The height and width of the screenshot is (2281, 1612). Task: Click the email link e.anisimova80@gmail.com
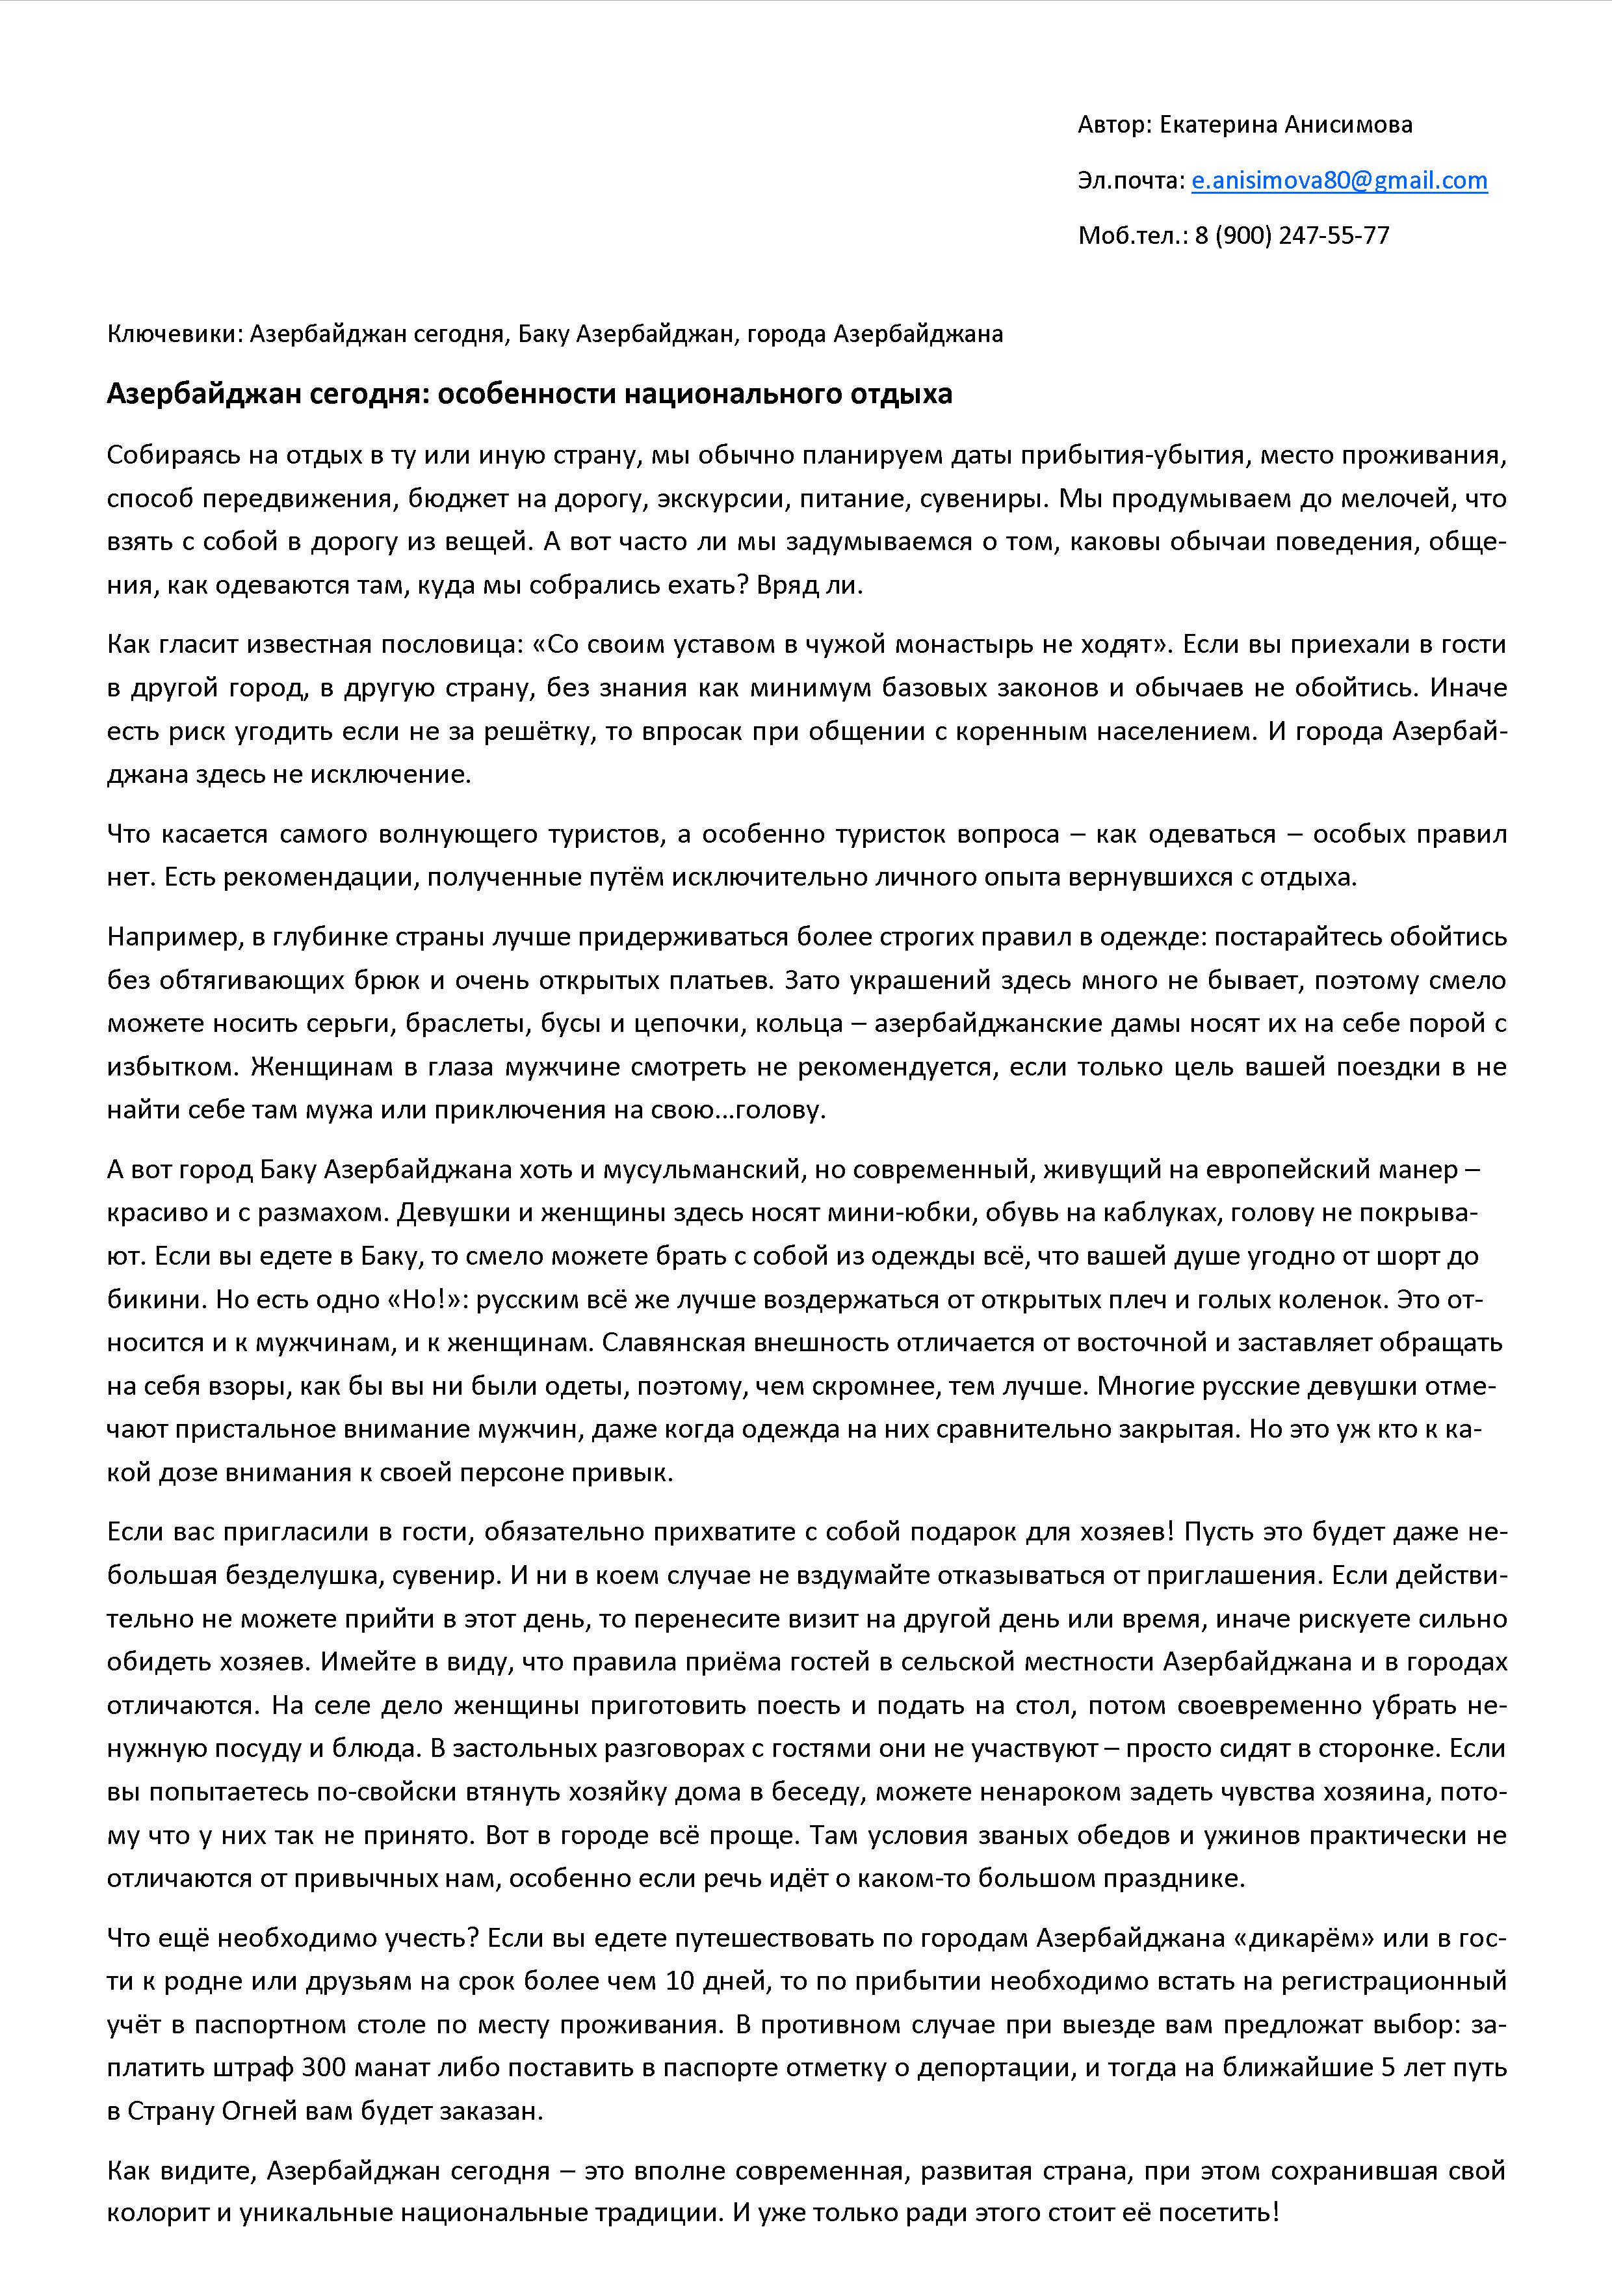[x=1339, y=181]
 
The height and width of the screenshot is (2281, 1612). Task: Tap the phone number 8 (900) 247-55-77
[x=1292, y=235]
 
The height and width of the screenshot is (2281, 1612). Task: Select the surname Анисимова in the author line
[x=1349, y=125]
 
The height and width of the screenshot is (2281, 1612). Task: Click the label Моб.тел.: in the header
[x=1132, y=235]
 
